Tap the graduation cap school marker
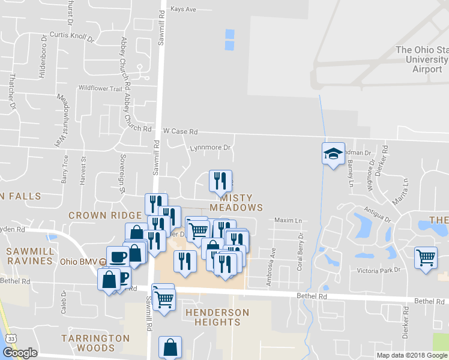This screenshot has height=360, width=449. tap(333, 154)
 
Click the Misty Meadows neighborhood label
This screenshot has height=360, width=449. tap(241, 202)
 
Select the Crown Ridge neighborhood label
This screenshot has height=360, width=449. tap(104, 215)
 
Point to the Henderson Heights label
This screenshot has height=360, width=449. tap(217, 317)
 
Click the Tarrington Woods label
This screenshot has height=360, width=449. tap(95, 343)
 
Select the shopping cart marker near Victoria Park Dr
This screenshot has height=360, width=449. tap(426, 259)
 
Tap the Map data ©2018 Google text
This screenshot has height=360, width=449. tap(412, 355)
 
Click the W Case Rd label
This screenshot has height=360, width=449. tap(180, 131)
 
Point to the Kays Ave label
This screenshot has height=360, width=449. tap(183, 10)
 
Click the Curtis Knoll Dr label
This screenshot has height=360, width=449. tap(73, 37)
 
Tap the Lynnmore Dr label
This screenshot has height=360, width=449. tap(210, 147)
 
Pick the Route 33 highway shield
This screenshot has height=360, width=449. tap(11, 339)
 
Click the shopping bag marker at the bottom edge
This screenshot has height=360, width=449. tap(170, 347)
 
